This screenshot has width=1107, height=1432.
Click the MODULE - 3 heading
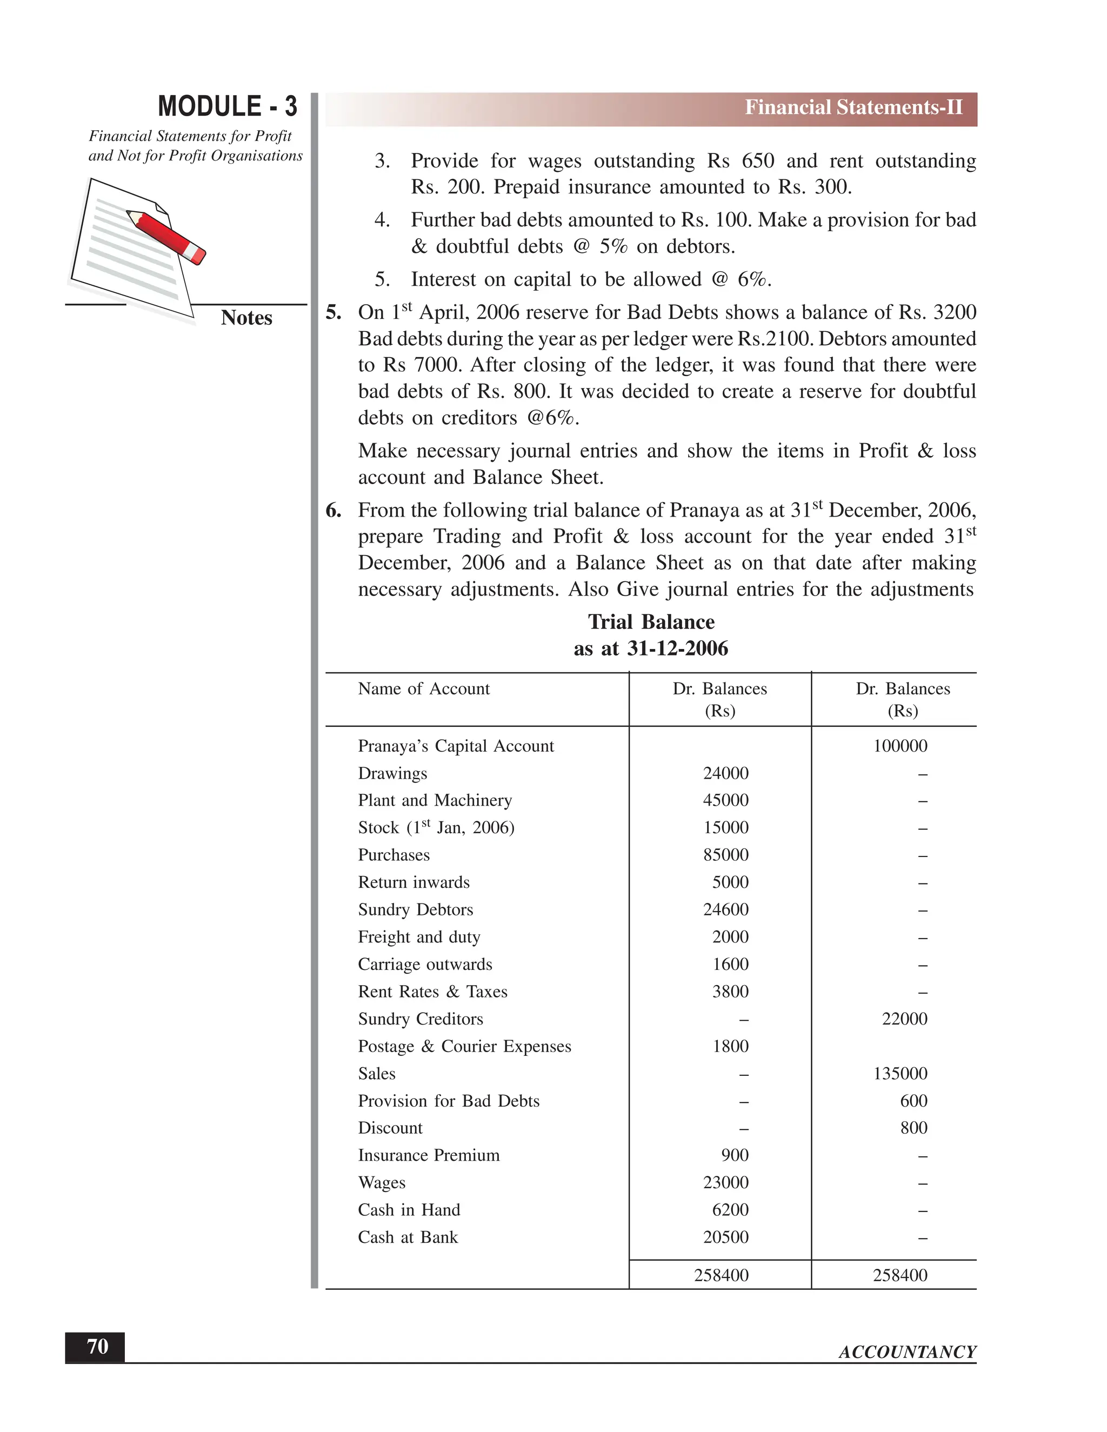(x=227, y=107)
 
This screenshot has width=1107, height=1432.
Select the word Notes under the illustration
(x=246, y=318)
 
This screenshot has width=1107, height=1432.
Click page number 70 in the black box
(x=97, y=1347)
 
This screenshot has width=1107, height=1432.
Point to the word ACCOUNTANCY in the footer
(x=907, y=1352)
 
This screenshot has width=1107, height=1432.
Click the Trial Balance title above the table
(x=651, y=621)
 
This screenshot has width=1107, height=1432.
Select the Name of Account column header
(x=424, y=688)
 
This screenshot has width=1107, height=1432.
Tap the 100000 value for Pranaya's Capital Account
(x=900, y=746)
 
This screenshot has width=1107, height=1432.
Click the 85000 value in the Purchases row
(x=725, y=855)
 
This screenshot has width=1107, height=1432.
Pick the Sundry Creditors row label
(x=421, y=1019)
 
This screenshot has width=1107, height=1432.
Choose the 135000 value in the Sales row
(x=900, y=1073)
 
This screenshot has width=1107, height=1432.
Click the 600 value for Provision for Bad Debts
(x=913, y=1101)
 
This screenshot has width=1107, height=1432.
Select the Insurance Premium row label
(x=428, y=1155)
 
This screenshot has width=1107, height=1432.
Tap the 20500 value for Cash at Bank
(x=725, y=1237)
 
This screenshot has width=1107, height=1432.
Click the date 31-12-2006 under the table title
(x=677, y=648)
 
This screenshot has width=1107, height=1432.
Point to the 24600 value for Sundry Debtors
(x=725, y=909)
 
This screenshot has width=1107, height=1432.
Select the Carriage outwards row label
(x=425, y=965)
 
